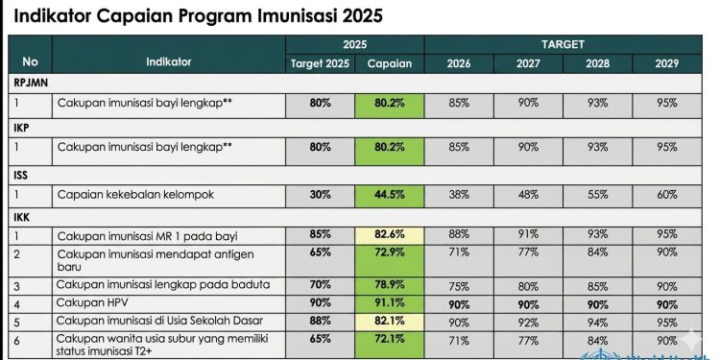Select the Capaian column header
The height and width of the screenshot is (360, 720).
389,62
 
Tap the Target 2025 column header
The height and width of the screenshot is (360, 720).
321,62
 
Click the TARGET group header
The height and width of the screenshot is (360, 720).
563,44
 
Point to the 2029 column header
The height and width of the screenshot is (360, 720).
666,62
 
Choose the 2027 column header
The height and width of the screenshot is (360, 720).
528,62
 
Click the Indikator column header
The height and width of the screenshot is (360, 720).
169,61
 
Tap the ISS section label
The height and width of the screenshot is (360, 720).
23,174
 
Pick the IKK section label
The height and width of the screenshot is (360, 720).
23,218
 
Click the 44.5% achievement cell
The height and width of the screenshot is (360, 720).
389,195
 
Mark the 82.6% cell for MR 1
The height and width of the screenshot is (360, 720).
389,235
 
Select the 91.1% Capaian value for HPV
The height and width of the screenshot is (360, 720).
389,302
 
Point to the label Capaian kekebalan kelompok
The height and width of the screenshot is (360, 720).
134,195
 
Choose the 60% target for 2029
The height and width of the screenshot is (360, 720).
666,195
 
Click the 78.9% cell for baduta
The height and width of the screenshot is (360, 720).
389,285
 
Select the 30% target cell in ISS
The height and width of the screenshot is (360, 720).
321,195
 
